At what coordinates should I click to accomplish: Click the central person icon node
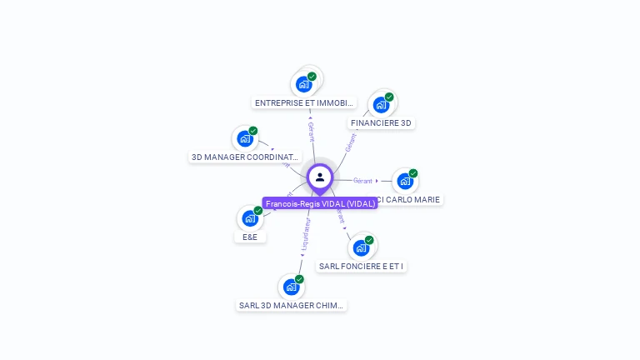pos(320,177)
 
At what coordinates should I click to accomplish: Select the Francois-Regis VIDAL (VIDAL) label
pos(320,203)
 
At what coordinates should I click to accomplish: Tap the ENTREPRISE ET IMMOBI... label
pos(304,103)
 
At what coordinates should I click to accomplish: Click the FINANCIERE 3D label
pos(381,123)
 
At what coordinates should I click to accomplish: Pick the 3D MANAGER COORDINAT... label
pos(244,157)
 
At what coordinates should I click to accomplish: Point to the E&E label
pos(249,237)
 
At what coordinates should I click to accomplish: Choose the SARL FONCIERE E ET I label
pos(361,267)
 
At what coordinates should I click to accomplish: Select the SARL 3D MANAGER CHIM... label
pos(291,305)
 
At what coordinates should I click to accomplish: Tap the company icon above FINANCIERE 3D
pos(381,105)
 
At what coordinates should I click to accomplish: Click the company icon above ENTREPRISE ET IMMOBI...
pos(304,84)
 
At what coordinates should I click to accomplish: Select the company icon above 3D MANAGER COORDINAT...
pos(245,138)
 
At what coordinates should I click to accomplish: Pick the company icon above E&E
pos(250,218)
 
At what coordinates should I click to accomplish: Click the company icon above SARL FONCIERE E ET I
pos(361,247)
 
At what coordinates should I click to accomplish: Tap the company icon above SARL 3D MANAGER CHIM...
pos(291,287)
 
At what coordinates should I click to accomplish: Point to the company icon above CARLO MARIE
pos(404,181)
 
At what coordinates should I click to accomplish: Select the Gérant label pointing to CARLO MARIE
pos(362,181)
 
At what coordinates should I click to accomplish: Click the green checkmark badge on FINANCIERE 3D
pos(389,97)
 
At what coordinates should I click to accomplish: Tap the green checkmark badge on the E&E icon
pos(258,210)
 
